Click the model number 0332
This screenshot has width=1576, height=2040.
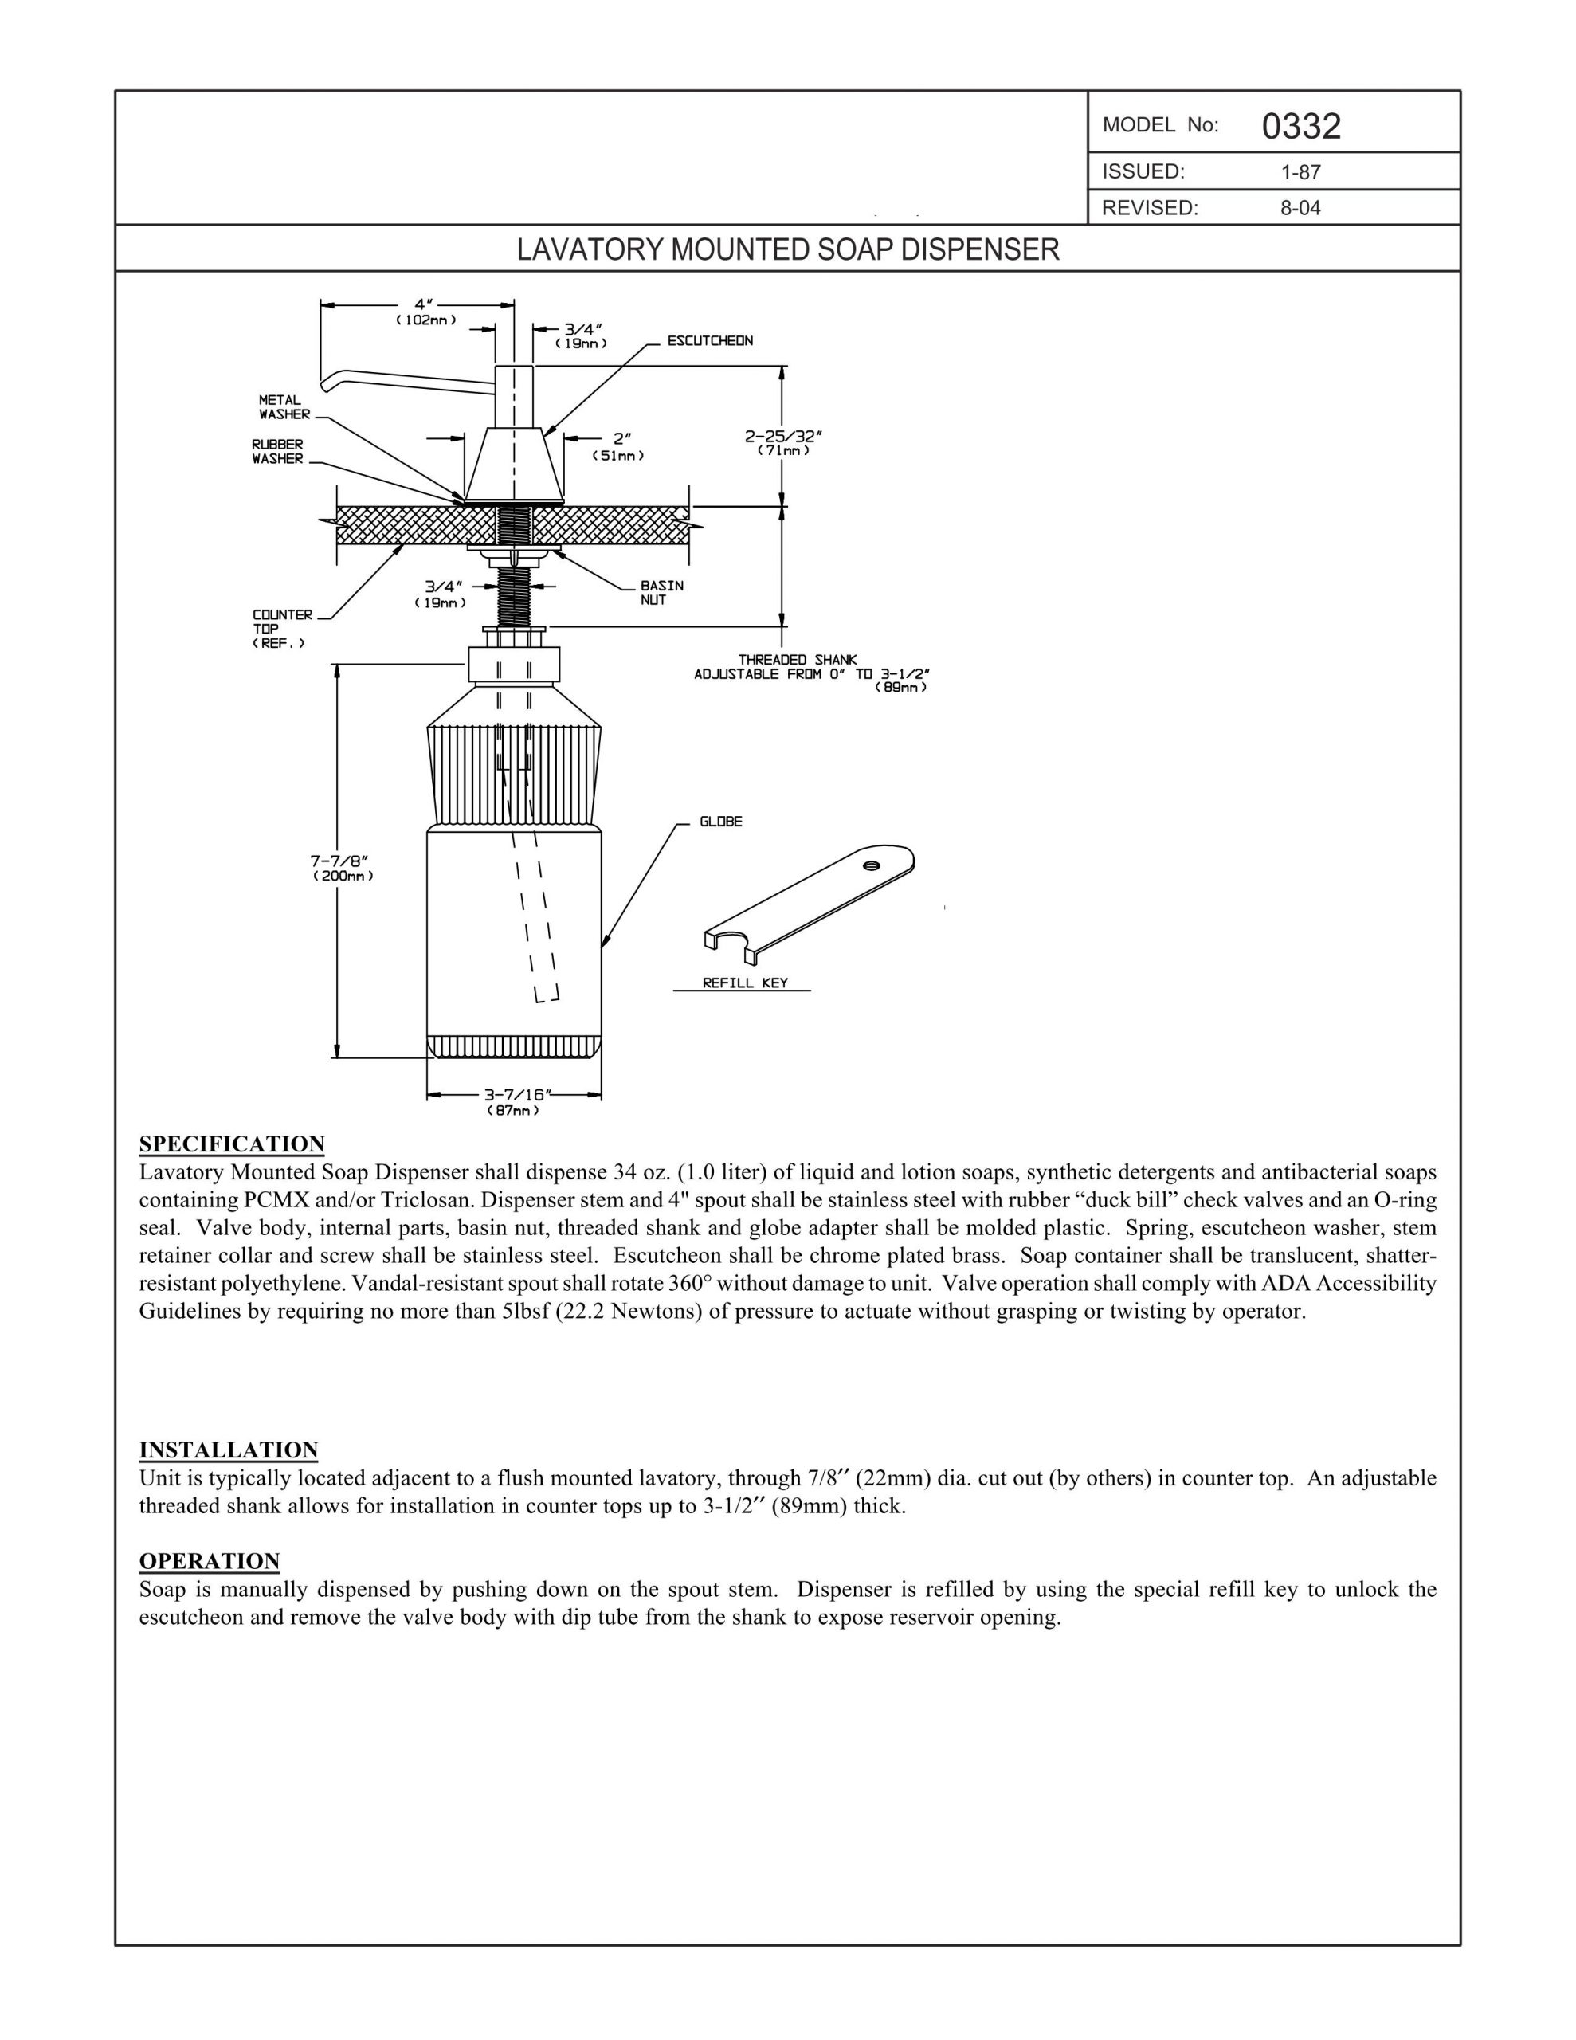pos(1300,126)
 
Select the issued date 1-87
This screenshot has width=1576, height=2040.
pos(1300,172)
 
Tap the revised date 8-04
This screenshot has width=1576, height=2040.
pos(1300,208)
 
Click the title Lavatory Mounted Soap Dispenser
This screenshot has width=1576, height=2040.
pos(789,249)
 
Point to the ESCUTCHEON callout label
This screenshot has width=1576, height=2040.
pos(710,341)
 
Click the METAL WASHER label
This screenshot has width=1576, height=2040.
pos(284,407)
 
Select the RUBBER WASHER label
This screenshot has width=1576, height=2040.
pos(277,452)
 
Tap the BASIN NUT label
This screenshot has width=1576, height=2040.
pos(661,592)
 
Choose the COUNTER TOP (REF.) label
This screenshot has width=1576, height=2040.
pos(282,629)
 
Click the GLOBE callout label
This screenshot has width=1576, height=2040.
pos(721,822)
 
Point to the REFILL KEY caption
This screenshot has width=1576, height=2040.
pos(744,982)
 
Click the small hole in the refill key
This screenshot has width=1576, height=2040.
pos(871,865)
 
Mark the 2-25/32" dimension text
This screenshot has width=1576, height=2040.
pos(783,441)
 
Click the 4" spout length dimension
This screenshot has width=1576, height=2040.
pos(425,310)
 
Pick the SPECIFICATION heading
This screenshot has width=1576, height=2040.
pos(232,1144)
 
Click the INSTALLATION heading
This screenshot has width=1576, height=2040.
pos(229,1450)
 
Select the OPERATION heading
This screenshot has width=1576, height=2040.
pos(210,1561)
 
